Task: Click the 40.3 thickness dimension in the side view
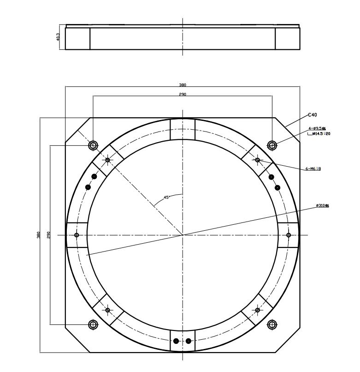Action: coord(57,36)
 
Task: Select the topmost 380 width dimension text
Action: coord(183,84)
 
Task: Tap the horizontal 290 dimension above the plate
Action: coord(183,94)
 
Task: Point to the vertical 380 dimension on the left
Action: coord(39,235)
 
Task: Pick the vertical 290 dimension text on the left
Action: coord(48,235)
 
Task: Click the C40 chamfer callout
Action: coord(313,115)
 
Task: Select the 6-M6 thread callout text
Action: coord(313,169)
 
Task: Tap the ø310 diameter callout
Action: coord(322,206)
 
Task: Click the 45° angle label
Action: coord(168,197)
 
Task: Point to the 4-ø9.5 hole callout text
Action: coord(318,129)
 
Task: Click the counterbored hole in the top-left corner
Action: coord(93,145)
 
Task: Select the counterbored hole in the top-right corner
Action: coord(272,145)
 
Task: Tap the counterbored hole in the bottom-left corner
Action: coord(93,324)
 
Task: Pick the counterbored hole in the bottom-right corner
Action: coord(272,324)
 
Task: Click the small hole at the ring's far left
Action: coord(77,235)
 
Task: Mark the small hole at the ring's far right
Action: coord(289,235)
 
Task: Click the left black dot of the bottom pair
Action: coord(176,341)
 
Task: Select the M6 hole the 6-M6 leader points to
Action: coord(258,160)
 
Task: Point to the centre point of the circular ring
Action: coord(183,235)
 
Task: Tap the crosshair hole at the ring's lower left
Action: coord(108,310)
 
